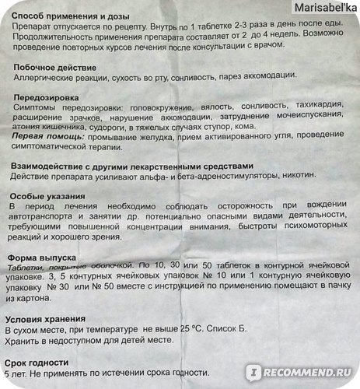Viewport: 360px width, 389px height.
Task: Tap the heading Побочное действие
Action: pos(56,68)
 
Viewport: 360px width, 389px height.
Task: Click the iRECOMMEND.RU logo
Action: pos(312,377)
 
